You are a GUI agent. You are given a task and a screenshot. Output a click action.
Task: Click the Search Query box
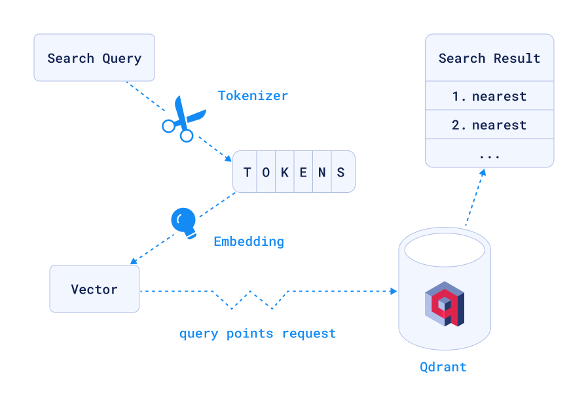[x=94, y=58]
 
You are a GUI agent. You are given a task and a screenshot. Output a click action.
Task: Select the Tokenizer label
[x=253, y=95]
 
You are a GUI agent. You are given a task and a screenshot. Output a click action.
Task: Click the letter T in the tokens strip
[x=247, y=173]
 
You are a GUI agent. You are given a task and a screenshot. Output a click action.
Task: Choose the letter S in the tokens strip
[x=341, y=173]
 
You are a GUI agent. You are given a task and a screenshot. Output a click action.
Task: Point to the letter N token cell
[x=322, y=173]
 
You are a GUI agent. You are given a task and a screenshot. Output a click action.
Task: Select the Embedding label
[x=249, y=241]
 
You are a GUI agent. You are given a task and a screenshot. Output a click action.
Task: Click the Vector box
[x=94, y=289]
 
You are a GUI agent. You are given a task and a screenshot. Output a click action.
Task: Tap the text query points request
[x=257, y=333]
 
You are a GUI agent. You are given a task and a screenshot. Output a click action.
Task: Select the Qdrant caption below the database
[x=443, y=367]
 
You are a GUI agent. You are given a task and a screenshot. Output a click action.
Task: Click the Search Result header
[x=489, y=58]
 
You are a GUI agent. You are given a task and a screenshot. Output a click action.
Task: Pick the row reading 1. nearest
[x=489, y=96]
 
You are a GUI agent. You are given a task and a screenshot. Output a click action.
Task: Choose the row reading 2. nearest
[x=489, y=125]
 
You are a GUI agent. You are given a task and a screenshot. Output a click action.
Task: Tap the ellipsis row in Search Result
[x=489, y=155]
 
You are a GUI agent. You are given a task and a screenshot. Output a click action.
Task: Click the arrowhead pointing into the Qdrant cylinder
[x=394, y=291]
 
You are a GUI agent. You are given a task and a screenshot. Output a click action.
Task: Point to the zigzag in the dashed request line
[x=251, y=299]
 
